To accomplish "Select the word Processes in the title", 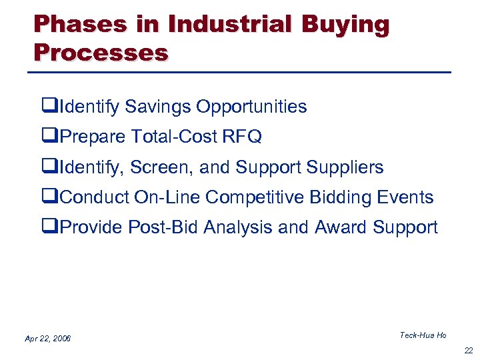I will click(x=101, y=51).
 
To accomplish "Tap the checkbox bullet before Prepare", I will click(x=47, y=137).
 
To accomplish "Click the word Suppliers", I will click(x=346, y=167).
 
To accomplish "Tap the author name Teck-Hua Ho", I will click(x=423, y=335).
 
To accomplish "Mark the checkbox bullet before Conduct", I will click(x=47, y=197).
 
